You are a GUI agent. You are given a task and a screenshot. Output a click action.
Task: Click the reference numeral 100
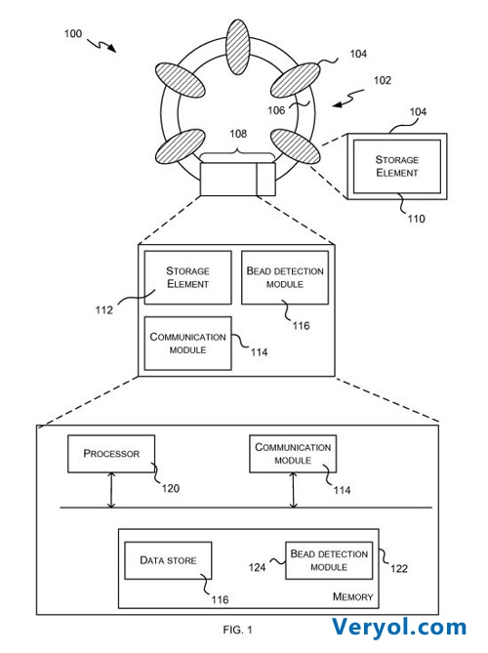73,33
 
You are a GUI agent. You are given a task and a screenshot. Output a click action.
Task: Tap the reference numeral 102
383,80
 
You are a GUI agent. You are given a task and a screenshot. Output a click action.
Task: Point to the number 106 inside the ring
276,110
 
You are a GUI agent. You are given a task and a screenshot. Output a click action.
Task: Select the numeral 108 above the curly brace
238,134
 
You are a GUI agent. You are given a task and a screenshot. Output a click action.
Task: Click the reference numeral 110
416,219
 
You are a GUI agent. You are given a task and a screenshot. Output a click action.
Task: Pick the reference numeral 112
103,309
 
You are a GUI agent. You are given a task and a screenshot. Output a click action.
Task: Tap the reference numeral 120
170,488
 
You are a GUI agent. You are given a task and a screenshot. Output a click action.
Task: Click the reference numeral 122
398,568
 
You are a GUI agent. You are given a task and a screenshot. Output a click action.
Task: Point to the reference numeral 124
257,567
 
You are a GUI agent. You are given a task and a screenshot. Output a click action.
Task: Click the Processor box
111,454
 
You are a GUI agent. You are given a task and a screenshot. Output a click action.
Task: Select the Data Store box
168,560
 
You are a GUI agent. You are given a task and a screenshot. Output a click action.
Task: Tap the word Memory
352,596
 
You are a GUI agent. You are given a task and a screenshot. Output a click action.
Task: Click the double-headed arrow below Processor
111,490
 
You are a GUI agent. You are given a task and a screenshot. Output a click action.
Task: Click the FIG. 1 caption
237,630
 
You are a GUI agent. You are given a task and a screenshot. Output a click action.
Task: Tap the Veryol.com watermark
399,628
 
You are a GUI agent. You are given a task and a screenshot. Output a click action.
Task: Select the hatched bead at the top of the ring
238,47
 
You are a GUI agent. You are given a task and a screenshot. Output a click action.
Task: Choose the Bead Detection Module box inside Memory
329,560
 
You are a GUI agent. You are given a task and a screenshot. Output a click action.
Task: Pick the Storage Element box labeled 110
397,167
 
